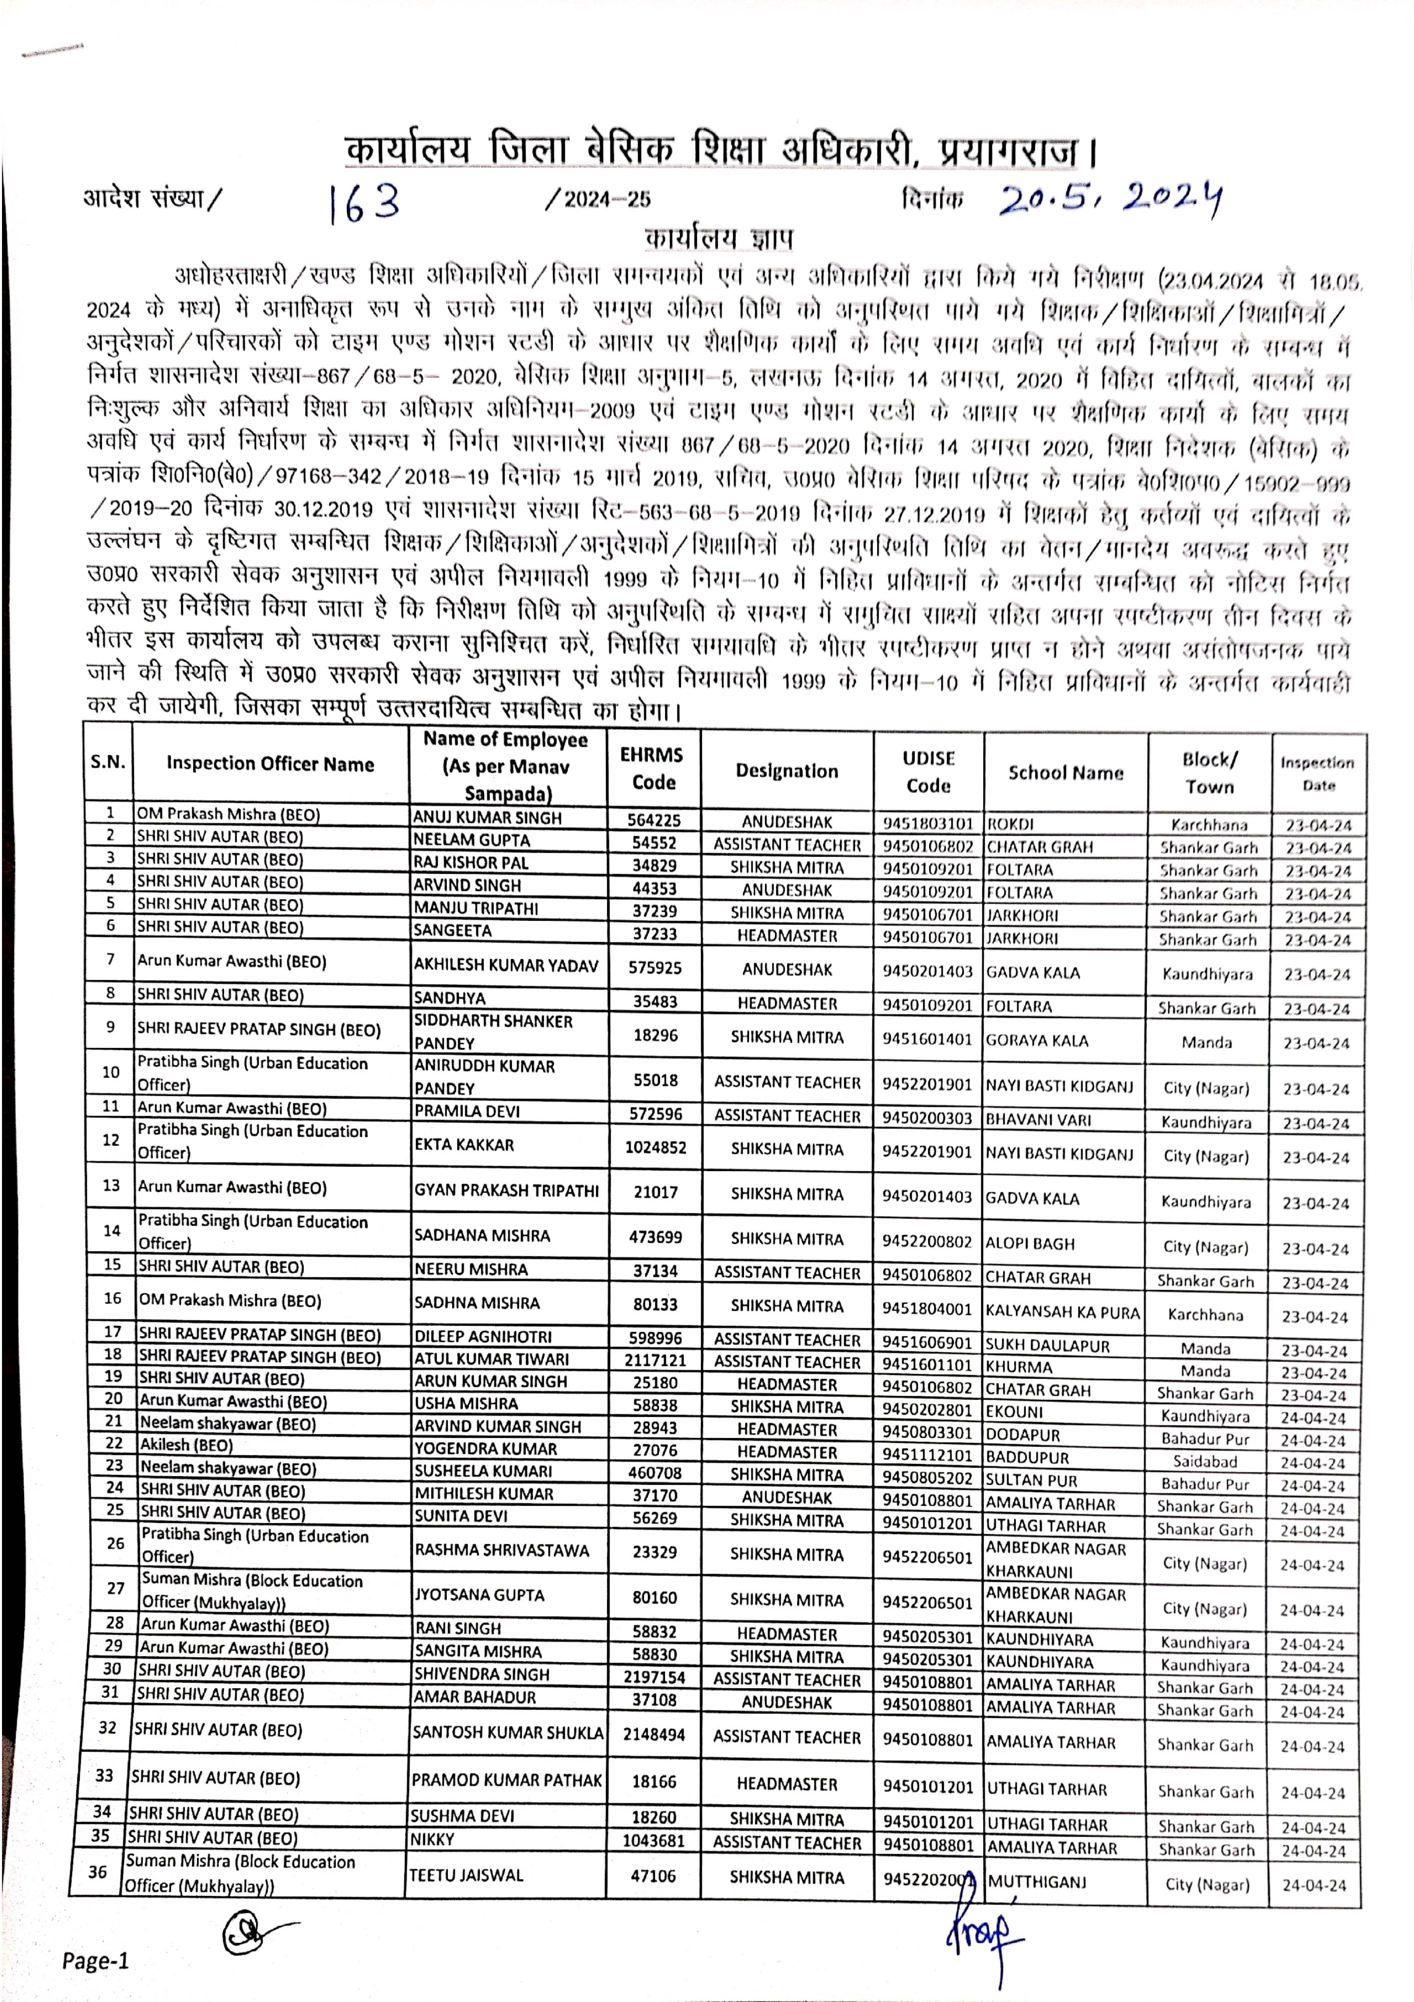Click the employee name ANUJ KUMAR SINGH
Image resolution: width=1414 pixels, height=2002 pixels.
tap(487, 818)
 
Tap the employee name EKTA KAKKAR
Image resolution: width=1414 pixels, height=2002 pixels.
tap(464, 1145)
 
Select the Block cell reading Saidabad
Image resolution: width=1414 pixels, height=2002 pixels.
tap(1205, 1461)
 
